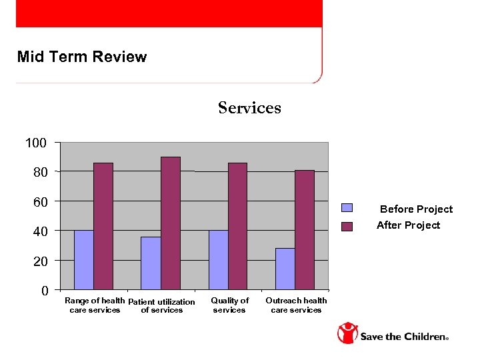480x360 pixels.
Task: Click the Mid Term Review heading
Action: point(82,57)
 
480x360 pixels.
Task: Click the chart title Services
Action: point(249,108)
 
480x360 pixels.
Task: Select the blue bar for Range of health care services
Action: point(83,259)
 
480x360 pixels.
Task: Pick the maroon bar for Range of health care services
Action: point(103,226)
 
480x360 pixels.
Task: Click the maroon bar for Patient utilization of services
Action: point(171,223)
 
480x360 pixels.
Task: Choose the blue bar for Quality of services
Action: point(218,259)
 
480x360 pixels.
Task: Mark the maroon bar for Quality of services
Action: point(238,226)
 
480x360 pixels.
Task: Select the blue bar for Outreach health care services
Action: point(285,268)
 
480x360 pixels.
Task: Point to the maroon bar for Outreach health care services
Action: point(305,229)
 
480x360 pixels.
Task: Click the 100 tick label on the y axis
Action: point(36,143)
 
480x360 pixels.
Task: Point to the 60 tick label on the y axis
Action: point(41,201)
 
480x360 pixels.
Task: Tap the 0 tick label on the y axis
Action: point(44,291)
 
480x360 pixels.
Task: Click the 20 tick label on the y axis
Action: point(41,261)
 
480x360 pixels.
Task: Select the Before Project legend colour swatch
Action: point(347,209)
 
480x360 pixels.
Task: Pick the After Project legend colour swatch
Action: point(347,226)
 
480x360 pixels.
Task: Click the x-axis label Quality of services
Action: point(229,305)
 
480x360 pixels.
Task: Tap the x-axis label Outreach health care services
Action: point(296,305)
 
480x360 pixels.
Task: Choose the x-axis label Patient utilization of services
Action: point(161,306)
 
